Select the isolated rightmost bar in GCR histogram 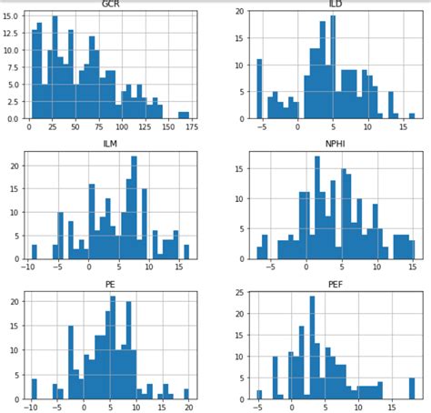coord(183,116)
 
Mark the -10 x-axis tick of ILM coord(30,267)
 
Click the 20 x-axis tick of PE coord(187,408)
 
